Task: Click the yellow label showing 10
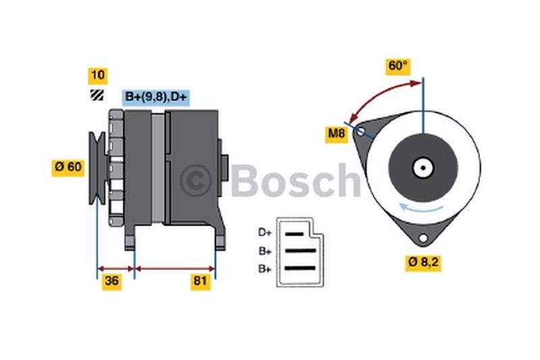pos(98,76)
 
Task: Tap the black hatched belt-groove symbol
pos(97,95)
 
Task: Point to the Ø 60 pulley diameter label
pos(68,168)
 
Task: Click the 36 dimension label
pos(111,282)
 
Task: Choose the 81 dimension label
pos(200,282)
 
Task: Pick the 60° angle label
pos(398,66)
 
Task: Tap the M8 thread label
pos(336,134)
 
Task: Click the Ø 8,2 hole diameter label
pos(423,263)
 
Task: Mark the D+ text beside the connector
pos(265,232)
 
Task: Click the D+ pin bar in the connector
pos(294,234)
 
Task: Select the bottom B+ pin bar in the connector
pos(300,268)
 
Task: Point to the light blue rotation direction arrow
pos(421,207)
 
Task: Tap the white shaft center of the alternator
pos(423,168)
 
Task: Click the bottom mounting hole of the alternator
pos(423,238)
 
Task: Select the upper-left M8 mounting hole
pos(360,131)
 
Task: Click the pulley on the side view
pos(97,168)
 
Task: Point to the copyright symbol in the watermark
pos(195,180)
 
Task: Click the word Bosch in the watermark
pos(296,180)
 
